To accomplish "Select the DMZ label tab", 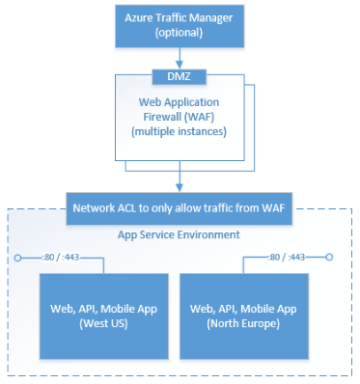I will pyautogui.click(x=180, y=74).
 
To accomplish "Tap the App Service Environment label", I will pyautogui.click(x=179, y=234).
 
